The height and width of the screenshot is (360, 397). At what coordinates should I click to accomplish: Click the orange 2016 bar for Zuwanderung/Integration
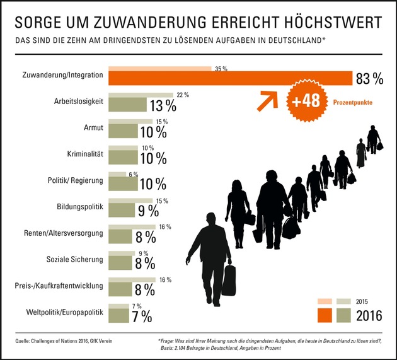point(230,78)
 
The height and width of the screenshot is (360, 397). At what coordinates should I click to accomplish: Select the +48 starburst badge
point(304,101)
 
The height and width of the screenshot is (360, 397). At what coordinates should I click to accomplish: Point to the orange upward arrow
point(267,98)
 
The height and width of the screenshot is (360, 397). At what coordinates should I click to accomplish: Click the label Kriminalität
point(85,153)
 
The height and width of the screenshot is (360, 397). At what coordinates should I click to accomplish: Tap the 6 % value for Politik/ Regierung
point(132,175)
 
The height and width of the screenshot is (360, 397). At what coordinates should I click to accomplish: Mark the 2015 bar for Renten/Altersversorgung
point(132,226)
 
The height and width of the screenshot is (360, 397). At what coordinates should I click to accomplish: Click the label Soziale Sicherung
point(75,259)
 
